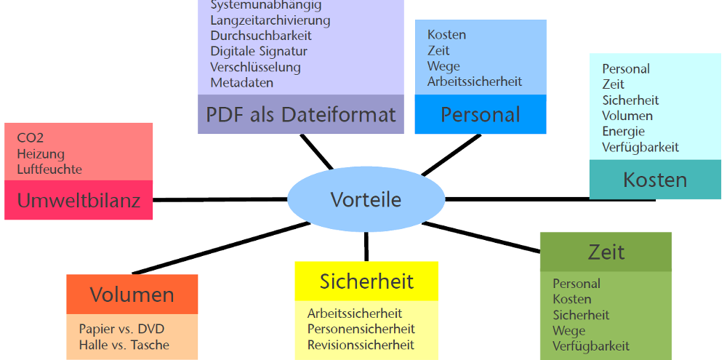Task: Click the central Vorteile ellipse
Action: point(366,199)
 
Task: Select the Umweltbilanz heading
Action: point(79,200)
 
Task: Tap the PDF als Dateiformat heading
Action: point(300,114)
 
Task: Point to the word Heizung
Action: point(41,153)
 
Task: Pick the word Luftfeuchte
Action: point(49,169)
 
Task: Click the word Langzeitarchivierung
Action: point(270,20)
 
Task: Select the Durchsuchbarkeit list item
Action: point(260,36)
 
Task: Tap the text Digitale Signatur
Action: point(258,51)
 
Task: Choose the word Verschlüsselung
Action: point(255,67)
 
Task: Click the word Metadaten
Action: point(242,83)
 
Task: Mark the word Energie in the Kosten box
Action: point(624,131)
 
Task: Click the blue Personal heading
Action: point(481,114)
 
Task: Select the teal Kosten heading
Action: point(654,180)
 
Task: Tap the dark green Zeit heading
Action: point(606,252)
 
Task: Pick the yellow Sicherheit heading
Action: point(366,281)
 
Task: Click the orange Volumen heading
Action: point(132,295)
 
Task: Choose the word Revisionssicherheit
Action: point(361,345)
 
